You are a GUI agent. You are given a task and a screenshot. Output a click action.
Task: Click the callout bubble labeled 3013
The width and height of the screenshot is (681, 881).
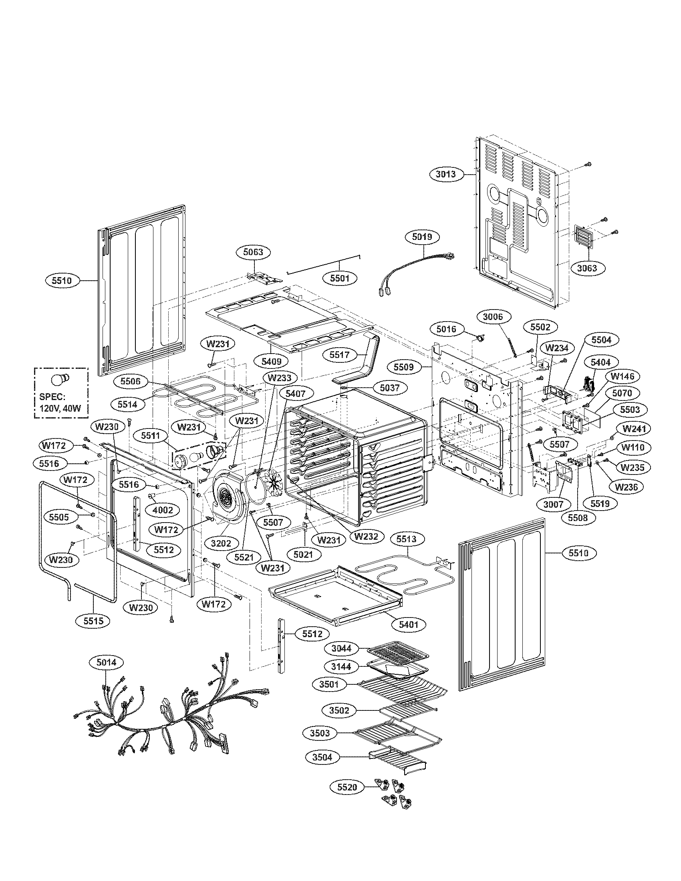(x=446, y=174)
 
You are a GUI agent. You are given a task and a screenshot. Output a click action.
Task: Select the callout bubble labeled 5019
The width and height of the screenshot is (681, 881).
(x=422, y=237)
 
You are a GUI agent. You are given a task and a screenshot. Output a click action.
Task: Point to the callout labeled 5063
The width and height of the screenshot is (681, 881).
(x=253, y=252)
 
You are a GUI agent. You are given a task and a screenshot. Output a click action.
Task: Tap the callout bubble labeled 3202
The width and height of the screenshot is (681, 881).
(x=221, y=543)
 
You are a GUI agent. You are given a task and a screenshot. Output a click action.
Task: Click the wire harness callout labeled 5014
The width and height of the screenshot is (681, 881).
(x=107, y=662)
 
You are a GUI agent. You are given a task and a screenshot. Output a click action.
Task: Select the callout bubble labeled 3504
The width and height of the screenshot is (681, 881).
(x=322, y=757)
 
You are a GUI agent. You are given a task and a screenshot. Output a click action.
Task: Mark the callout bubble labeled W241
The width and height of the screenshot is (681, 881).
(x=633, y=429)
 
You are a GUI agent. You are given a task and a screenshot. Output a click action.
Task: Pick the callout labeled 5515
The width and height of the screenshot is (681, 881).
(x=94, y=621)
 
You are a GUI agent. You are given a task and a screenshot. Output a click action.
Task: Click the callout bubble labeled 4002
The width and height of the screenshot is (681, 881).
(x=163, y=510)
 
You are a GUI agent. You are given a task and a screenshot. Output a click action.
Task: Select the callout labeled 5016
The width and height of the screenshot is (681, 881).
(x=446, y=329)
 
